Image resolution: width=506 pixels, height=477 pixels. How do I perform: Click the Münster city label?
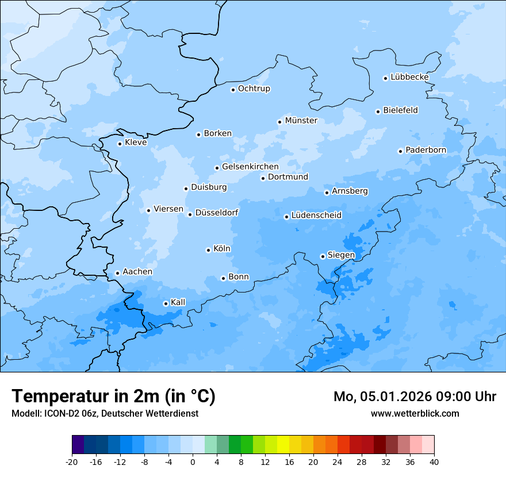pyautogui.click(x=301, y=121)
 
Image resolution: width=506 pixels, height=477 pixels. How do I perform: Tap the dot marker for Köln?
pyautogui.click(x=208, y=250)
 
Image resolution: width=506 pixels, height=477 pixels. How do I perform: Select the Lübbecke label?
pyautogui.click(x=409, y=77)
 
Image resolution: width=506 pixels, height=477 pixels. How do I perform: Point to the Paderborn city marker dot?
pyautogui.click(x=400, y=151)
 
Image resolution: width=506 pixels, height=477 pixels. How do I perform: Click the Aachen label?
pyautogui.click(x=137, y=272)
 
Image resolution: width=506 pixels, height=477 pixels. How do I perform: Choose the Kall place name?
pyautogui.click(x=178, y=302)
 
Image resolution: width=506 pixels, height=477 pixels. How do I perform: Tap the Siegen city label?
pyautogui.click(x=341, y=255)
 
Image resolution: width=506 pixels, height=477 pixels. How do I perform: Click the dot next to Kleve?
pyautogui.click(x=120, y=144)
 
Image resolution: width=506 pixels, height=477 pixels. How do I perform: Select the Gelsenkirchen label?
pyautogui.click(x=250, y=167)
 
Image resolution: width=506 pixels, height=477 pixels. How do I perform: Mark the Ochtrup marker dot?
pyautogui.click(x=233, y=90)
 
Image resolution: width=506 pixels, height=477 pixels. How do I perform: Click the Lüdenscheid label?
pyautogui.click(x=316, y=216)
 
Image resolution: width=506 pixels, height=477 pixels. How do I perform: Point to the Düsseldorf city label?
pyautogui.click(x=217, y=213)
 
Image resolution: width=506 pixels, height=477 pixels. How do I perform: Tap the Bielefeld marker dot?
pyautogui.click(x=378, y=111)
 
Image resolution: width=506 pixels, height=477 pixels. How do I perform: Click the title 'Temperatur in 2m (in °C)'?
pyautogui.click(x=113, y=397)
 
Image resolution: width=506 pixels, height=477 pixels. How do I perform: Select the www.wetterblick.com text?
pyautogui.click(x=415, y=413)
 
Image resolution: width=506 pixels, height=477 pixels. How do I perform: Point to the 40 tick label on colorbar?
pyautogui.click(x=434, y=462)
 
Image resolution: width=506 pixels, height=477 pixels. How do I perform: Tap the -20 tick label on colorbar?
pyautogui.click(x=71, y=462)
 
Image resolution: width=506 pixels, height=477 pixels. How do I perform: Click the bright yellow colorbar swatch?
pyautogui.click(x=283, y=445)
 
